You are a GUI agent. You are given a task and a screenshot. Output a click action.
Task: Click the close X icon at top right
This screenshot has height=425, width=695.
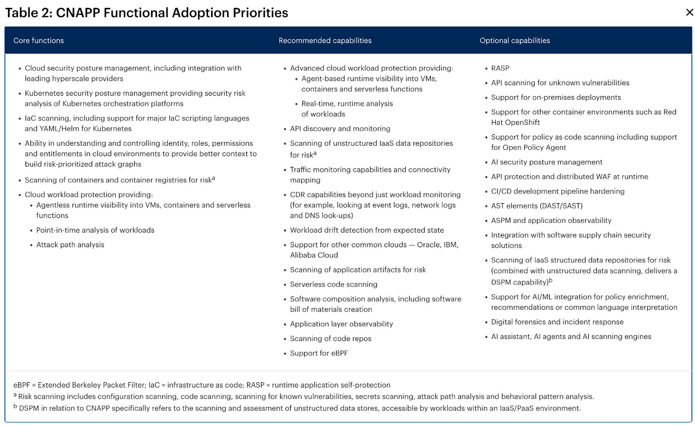point(689,12)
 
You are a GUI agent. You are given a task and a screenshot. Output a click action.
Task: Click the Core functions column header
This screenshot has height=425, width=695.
point(39,40)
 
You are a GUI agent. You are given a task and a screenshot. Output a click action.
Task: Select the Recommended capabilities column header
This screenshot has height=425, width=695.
point(325,40)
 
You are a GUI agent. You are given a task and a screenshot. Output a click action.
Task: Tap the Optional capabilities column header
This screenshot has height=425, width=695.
point(515,40)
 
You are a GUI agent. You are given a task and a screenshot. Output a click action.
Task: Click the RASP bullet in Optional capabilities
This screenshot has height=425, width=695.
point(500,68)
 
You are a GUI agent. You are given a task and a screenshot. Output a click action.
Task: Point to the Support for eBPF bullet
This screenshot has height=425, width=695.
point(319,353)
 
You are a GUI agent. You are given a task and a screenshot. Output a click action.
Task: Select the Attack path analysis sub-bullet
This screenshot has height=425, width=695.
point(70,245)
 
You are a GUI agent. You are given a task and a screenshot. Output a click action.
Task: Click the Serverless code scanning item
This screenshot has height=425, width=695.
point(334,284)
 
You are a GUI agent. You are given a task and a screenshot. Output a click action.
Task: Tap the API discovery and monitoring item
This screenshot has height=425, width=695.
point(340,129)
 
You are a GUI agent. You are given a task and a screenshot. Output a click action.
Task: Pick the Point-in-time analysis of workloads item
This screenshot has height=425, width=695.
point(95,230)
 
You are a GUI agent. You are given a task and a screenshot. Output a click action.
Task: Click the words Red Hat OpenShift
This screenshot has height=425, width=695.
point(516,123)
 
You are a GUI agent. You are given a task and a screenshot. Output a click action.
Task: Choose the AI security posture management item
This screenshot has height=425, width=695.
point(546,162)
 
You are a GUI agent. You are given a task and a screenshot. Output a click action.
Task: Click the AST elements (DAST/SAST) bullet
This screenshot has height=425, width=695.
point(537,206)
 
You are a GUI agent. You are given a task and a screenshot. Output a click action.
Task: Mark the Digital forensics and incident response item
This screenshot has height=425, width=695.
point(557,322)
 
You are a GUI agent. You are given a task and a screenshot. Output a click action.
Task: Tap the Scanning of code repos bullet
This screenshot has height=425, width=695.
point(331,338)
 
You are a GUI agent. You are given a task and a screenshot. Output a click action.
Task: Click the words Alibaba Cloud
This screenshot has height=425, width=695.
point(314,255)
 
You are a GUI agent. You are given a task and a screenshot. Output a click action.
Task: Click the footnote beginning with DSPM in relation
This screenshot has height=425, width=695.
point(300,408)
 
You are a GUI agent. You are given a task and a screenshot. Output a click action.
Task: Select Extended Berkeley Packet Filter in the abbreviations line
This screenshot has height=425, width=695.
point(91,385)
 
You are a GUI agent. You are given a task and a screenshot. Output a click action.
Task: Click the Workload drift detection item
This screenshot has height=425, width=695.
point(367,230)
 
